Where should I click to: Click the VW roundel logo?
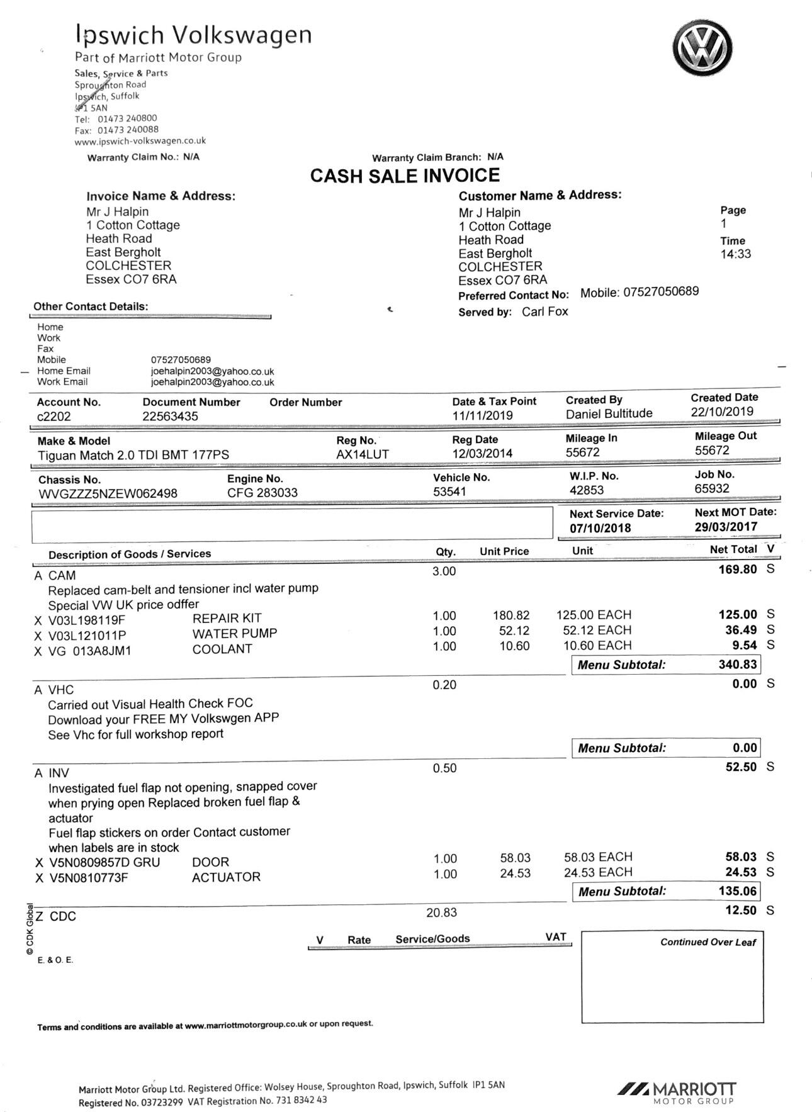[702, 48]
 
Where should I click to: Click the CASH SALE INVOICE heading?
[405, 176]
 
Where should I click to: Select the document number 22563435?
[170, 417]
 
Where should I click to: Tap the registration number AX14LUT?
[363, 454]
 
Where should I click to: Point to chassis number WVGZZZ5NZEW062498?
[108, 493]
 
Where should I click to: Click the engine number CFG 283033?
[262, 493]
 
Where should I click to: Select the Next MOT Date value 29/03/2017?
[726, 527]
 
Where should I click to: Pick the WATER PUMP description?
[234, 634]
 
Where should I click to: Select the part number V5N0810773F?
[88, 877]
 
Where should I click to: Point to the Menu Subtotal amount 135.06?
[738, 891]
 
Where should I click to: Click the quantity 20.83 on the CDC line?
[441, 913]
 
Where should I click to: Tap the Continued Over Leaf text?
[708, 942]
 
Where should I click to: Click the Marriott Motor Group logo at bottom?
[677, 1092]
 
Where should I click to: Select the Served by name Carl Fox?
[544, 312]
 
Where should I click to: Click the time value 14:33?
[735, 254]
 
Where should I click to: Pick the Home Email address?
[212, 371]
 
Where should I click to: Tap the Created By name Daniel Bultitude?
[609, 413]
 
